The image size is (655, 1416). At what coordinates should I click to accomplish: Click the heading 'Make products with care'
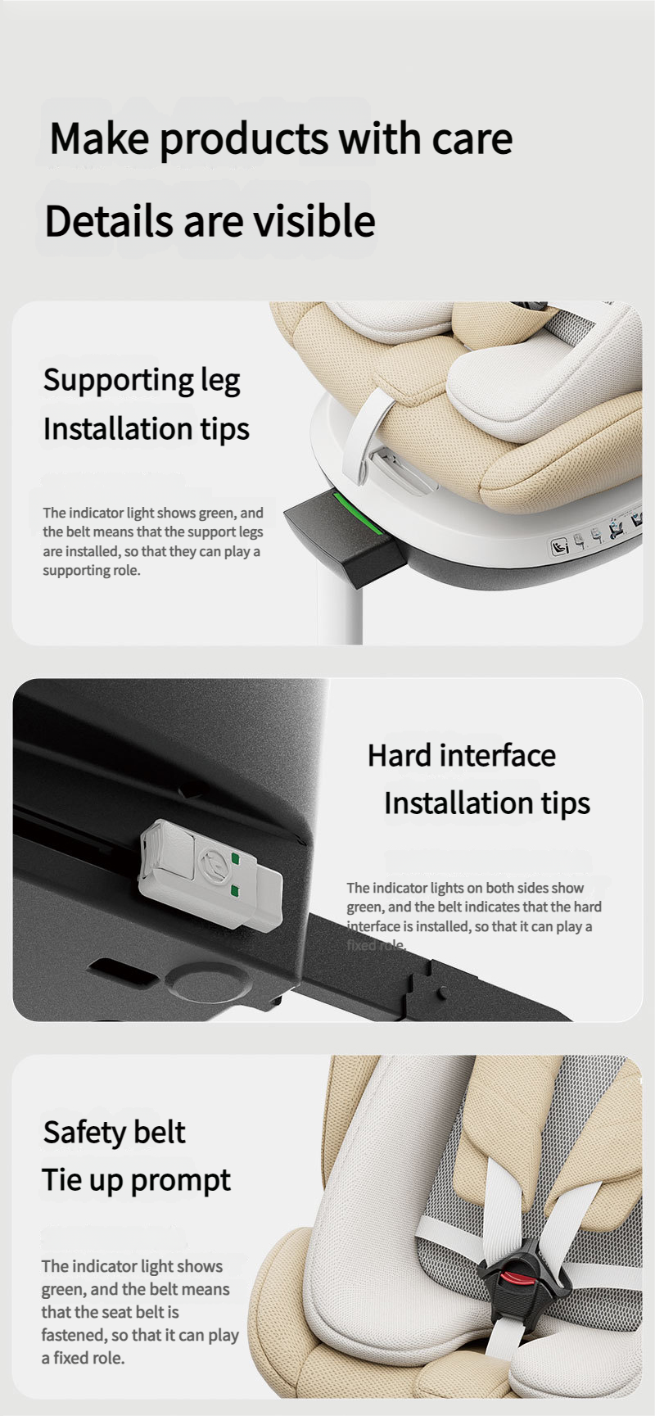pos(281,139)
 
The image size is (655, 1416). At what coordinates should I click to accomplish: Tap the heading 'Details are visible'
pos(210,220)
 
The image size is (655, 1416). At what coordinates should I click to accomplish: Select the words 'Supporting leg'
pos(142,381)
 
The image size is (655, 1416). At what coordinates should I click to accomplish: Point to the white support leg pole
pos(340,606)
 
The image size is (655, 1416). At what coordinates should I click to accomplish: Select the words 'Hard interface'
pos(462,755)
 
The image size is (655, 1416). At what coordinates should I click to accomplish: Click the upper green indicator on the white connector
pos(236,859)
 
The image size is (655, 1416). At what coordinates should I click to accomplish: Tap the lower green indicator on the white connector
pos(236,891)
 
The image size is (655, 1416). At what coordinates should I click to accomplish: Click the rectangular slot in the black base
pos(120,972)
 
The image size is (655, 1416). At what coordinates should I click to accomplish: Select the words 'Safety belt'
pos(114,1133)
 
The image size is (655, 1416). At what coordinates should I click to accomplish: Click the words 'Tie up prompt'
pos(137,1181)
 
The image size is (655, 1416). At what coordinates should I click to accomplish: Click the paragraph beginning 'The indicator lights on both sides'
pos(473,916)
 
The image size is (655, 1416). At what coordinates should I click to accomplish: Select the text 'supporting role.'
pos(92,571)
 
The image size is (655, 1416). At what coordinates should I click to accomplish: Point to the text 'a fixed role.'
pos(84,1358)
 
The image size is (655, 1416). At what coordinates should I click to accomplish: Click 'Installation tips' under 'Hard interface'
pos(487,804)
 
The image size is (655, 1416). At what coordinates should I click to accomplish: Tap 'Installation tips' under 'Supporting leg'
pos(147,430)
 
